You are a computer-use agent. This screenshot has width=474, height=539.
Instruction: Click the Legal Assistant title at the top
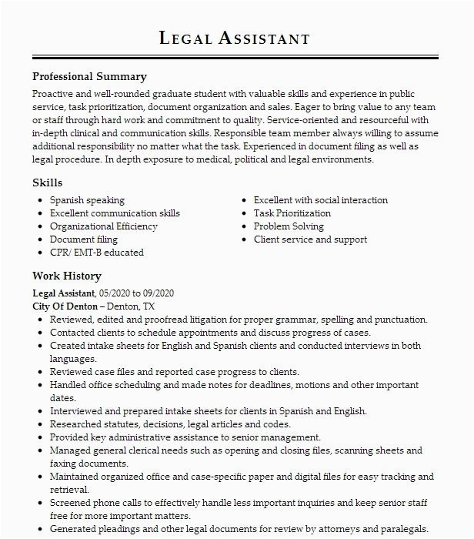point(235,38)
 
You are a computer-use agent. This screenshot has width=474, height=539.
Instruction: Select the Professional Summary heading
point(89,77)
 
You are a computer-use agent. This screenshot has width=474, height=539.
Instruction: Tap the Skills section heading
point(47,183)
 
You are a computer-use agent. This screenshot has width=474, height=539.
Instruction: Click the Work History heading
point(66,276)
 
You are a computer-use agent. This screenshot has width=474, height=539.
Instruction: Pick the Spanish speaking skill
point(87,200)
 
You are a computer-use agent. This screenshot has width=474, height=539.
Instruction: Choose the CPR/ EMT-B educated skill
point(96,253)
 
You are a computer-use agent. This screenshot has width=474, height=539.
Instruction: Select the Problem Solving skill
point(289,226)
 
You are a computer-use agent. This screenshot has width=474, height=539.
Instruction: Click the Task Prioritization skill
point(292,213)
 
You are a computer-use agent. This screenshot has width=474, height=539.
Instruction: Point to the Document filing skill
point(83,239)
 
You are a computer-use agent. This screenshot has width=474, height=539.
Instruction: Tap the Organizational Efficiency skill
point(103,226)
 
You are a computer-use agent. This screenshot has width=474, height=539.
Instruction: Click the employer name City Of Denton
point(65,306)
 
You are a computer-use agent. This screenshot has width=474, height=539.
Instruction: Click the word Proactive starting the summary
point(53,94)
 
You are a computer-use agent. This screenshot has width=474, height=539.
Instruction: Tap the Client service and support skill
point(310,239)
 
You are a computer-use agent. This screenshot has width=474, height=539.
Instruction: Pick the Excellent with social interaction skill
point(321,200)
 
